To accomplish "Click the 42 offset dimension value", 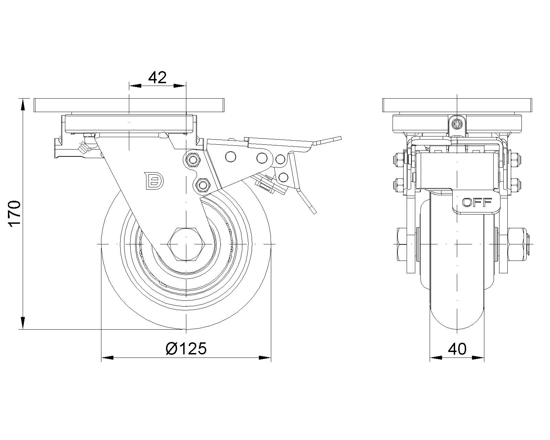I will pyautogui.click(x=157, y=78).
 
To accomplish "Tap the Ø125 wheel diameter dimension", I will pyautogui.click(x=186, y=349).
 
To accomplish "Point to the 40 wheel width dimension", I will pyautogui.click(x=457, y=349).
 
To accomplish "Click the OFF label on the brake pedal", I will pyautogui.click(x=477, y=203).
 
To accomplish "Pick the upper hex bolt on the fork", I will pyautogui.click(x=192, y=160).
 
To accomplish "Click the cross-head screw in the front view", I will pyautogui.click(x=456, y=124).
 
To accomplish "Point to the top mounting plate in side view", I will pyautogui.click(x=129, y=105).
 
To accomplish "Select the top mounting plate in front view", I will pyautogui.click(x=457, y=105).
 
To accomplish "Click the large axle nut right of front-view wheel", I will pyautogui.click(x=515, y=244).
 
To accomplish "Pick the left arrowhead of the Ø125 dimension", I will pyautogui.click(x=107, y=358).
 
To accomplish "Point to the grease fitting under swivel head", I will pyautogui.click(x=83, y=147).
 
